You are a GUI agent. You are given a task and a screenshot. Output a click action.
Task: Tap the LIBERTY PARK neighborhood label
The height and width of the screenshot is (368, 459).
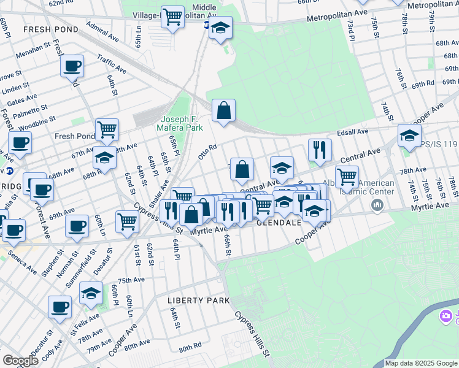click(x=199, y=301)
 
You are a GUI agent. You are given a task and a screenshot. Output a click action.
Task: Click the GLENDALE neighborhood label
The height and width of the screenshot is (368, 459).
click(x=279, y=223)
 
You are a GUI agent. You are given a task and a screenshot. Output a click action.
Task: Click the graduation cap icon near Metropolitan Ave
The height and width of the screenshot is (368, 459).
click(x=220, y=28)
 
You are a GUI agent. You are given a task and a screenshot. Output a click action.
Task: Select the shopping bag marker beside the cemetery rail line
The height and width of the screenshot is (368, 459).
click(x=224, y=111)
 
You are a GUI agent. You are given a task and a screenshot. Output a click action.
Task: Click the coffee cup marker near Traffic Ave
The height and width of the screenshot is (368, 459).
click(x=72, y=66)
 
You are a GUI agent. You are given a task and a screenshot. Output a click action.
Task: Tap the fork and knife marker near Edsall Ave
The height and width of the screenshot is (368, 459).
click(x=320, y=150)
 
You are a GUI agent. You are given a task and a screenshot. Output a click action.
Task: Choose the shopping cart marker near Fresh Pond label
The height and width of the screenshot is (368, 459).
click(x=107, y=129)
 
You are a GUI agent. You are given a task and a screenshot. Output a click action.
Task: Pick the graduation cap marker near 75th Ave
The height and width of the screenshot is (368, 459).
click(x=91, y=293)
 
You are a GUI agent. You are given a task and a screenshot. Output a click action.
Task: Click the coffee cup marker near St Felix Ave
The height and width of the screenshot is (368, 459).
click(x=60, y=307)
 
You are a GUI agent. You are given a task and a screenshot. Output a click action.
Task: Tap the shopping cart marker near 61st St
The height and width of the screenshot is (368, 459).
click(x=127, y=221)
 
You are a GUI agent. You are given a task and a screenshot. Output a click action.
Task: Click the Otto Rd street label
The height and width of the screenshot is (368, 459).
click(x=207, y=151)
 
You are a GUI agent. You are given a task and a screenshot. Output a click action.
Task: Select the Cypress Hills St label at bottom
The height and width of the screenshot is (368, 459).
click(x=252, y=334)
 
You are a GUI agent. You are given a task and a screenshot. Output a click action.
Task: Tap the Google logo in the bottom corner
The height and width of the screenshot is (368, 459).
click(x=20, y=361)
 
